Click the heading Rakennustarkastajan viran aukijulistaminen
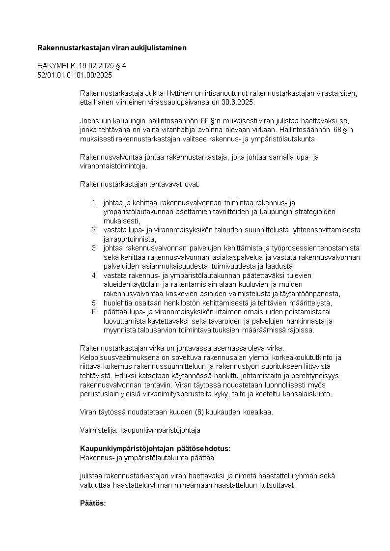click(112, 48)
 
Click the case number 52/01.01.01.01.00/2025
click(75, 75)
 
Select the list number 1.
click(94, 203)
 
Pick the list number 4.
click(94, 275)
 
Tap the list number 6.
click(94, 312)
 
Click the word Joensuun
click(95, 121)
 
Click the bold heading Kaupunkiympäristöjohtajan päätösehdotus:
click(155, 449)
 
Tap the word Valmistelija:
click(99, 430)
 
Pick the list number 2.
click(94, 230)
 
